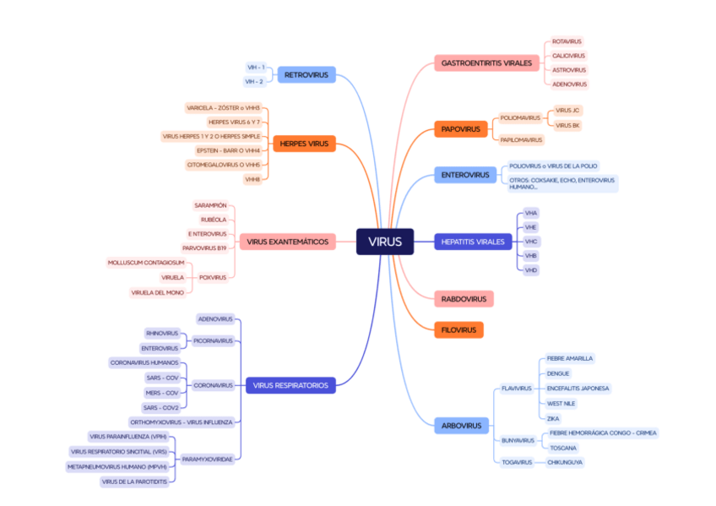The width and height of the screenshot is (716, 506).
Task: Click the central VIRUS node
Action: coord(385,242)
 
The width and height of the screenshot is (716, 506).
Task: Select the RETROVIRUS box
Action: coord(306,74)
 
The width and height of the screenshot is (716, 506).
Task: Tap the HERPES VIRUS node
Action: coord(304,144)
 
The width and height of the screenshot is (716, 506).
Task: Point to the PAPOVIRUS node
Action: coord(460,129)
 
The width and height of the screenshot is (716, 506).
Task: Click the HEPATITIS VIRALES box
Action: coord(473,242)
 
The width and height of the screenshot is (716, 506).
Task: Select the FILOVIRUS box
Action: coord(459,329)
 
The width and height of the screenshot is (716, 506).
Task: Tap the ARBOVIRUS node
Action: coord(461,426)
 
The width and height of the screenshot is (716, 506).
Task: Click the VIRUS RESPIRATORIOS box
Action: coord(290,385)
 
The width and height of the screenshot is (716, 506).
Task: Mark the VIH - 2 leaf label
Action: coord(254,81)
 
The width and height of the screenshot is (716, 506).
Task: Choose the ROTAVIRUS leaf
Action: coord(567,41)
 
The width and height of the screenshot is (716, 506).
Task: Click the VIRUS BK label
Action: coord(567,125)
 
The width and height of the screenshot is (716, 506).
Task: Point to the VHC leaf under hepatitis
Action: coord(531,242)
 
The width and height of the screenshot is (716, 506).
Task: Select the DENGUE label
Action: coord(558,373)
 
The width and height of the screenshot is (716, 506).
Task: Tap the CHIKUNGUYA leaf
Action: coord(565,462)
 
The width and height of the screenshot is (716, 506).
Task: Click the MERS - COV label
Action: coord(161,393)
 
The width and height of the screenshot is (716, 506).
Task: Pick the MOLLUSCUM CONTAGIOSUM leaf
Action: coord(146,263)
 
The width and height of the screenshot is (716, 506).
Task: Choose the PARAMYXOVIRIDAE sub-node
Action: coord(208,459)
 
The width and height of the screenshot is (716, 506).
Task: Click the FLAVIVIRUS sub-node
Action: coord(517,389)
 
